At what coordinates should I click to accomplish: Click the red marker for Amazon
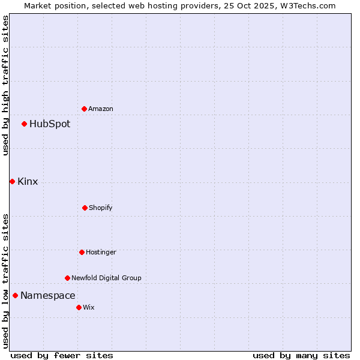tap(84, 109)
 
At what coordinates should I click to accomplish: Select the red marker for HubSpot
tap(24, 124)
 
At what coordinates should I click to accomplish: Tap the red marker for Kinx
tap(12, 181)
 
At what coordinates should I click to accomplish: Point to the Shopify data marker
tap(85, 208)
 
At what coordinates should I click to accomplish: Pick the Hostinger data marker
tap(82, 252)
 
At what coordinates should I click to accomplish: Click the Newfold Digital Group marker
tap(67, 278)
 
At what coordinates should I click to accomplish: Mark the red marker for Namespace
tap(15, 295)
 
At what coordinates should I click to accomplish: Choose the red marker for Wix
tap(79, 307)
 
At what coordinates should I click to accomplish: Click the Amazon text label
tap(101, 109)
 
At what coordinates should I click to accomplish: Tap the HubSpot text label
tap(50, 124)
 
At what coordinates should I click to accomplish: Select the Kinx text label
tap(28, 182)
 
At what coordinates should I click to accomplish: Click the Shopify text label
tap(101, 208)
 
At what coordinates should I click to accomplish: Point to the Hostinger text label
tap(101, 252)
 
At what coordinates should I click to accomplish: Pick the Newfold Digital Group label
tap(106, 278)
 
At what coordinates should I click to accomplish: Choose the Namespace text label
tap(48, 296)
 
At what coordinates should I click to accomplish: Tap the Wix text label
tap(89, 307)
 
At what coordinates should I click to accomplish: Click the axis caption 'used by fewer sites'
tap(62, 355)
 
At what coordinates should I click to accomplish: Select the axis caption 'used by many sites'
tap(301, 355)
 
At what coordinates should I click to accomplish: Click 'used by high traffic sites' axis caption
tap(5, 85)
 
